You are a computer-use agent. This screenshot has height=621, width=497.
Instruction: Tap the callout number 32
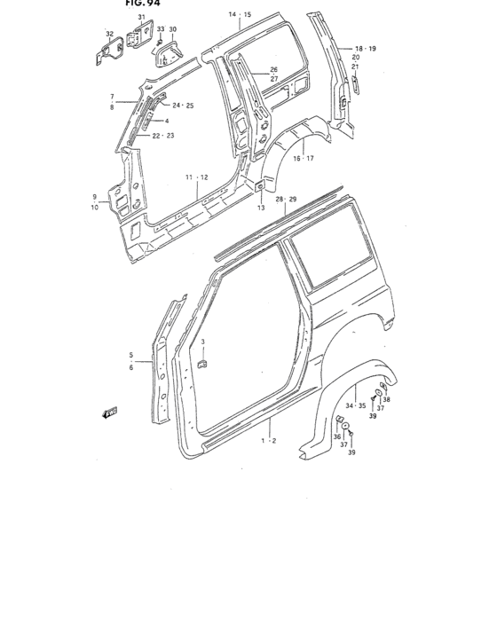pyautogui.click(x=110, y=35)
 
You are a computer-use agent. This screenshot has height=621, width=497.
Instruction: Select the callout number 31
pyautogui.click(x=141, y=18)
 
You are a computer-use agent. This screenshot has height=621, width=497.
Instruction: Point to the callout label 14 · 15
pyautogui.click(x=240, y=15)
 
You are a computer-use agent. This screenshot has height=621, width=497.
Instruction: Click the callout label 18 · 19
pyautogui.click(x=366, y=48)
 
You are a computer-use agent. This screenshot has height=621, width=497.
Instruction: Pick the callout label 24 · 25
pyautogui.click(x=183, y=106)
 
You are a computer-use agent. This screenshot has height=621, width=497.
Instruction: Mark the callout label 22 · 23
pyautogui.click(x=163, y=136)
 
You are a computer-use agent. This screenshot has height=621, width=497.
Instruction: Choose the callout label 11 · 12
pyautogui.click(x=196, y=177)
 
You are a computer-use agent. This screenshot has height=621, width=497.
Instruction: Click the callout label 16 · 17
pyautogui.click(x=304, y=158)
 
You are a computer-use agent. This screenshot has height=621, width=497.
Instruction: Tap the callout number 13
pyautogui.click(x=261, y=208)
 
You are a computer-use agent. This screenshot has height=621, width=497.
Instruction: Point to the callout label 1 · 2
pyautogui.click(x=269, y=440)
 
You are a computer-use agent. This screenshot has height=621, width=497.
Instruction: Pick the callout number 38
pyautogui.click(x=386, y=399)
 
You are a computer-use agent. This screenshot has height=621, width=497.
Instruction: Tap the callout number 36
pyautogui.click(x=337, y=437)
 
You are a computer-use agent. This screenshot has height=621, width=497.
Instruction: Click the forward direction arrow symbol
pyautogui.click(x=110, y=411)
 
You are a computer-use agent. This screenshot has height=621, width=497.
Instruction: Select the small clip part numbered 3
pyautogui.click(x=203, y=365)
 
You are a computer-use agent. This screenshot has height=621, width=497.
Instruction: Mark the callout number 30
pyautogui.click(x=173, y=29)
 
